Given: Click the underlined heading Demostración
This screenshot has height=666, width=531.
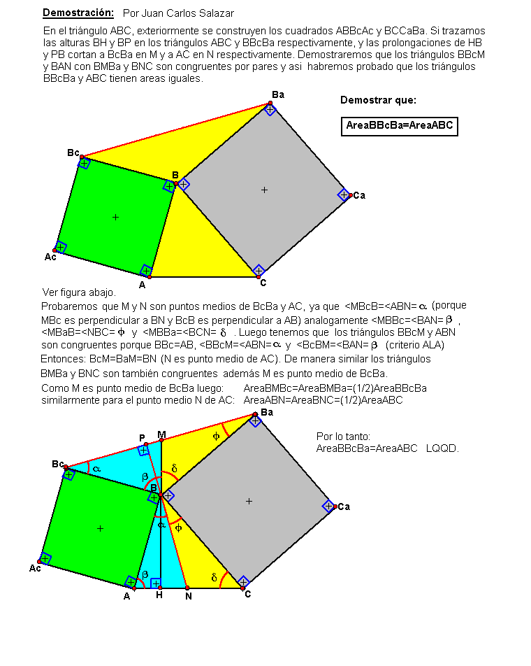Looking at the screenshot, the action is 78,13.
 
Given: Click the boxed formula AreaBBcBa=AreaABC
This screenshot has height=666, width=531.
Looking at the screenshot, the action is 400,126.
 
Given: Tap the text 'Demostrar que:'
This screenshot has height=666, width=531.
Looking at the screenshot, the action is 378,100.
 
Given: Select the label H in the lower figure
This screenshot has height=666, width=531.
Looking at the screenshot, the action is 159,595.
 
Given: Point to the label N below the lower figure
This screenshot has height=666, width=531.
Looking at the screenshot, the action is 189,596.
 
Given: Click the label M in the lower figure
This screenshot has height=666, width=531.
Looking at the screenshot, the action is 161,434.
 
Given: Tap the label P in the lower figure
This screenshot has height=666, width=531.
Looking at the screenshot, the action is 142,437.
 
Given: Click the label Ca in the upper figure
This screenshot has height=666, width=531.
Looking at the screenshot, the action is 359,195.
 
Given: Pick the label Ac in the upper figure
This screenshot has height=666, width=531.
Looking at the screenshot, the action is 50,257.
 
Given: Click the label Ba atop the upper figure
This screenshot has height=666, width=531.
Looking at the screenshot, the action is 278,94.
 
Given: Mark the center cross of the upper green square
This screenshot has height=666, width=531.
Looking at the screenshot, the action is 115,217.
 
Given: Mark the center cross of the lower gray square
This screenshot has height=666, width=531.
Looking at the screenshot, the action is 249,501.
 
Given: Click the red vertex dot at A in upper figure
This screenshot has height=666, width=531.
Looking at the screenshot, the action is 150,277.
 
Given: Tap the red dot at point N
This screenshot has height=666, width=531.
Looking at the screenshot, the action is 187,588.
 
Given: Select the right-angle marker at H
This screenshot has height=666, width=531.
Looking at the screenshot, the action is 156,583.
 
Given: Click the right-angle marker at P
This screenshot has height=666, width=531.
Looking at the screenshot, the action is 143,451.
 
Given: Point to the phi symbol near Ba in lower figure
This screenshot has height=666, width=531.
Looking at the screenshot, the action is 216,437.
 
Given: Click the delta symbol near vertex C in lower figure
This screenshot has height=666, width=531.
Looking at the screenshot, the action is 214,577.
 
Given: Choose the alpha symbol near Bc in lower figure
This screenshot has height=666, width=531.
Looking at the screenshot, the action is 96,469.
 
